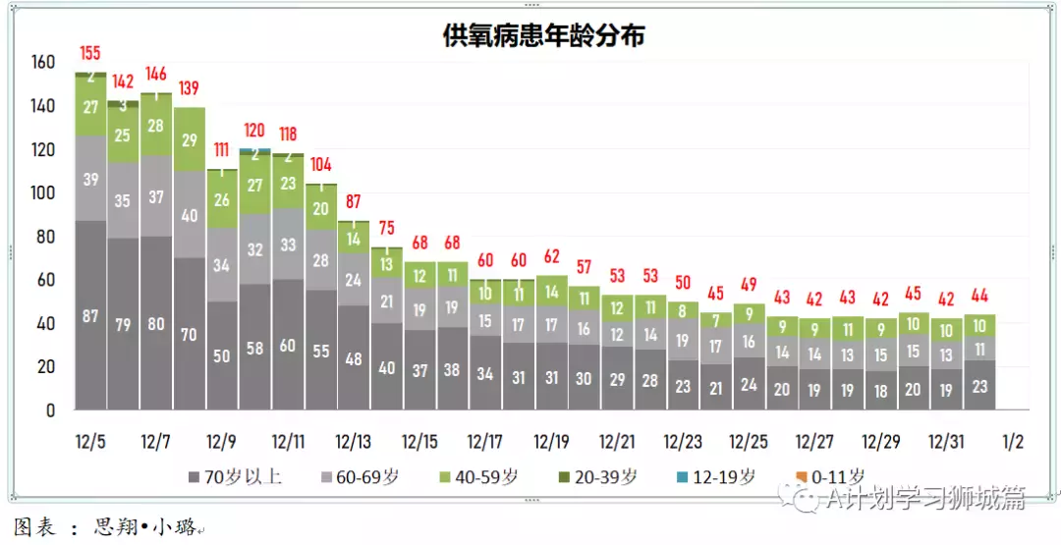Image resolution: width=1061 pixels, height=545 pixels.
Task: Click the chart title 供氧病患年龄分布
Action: [x=543, y=36]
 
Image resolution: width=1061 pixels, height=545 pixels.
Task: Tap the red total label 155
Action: [x=90, y=53]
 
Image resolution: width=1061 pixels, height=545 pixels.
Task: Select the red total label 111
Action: [x=222, y=149]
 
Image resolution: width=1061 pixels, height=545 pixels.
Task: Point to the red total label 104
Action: [x=321, y=165]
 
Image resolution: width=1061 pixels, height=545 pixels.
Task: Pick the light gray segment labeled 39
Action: [x=90, y=179]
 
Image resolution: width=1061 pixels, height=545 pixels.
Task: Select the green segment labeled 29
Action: [x=190, y=139]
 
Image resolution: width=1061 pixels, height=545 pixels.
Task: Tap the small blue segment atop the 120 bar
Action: [x=255, y=150]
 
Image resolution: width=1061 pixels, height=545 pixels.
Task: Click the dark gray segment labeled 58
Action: [x=255, y=350]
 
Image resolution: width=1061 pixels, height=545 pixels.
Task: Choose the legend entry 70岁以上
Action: [x=235, y=477]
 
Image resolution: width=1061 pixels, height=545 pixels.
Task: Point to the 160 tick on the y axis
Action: [x=43, y=63]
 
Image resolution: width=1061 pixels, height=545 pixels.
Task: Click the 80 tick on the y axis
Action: [x=43, y=237]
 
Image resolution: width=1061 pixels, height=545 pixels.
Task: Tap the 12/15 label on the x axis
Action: [x=419, y=442]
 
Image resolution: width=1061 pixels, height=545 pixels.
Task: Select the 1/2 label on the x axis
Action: [x=1013, y=442]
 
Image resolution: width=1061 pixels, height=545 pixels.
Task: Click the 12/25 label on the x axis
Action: [x=749, y=442]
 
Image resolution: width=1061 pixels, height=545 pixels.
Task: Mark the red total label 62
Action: [x=551, y=256]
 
